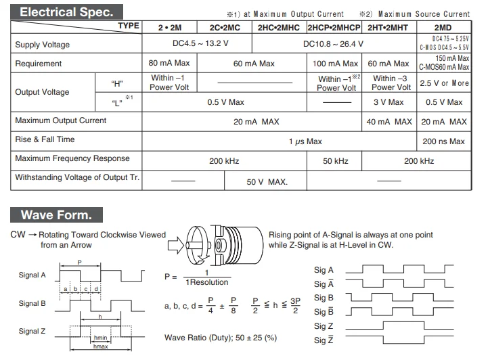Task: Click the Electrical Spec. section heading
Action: pyautogui.click(x=62, y=12)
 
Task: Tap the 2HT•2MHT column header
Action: pyautogui.click(x=388, y=28)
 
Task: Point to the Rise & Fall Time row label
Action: pyautogui.click(x=54, y=139)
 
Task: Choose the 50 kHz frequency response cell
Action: pyautogui.click(x=335, y=161)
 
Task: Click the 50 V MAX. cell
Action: pyautogui.click(x=266, y=181)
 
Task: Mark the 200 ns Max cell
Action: pyautogui.click(x=443, y=141)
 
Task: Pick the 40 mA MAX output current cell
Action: pyautogui.click(x=388, y=122)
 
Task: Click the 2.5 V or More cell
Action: pyautogui.click(x=444, y=83)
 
